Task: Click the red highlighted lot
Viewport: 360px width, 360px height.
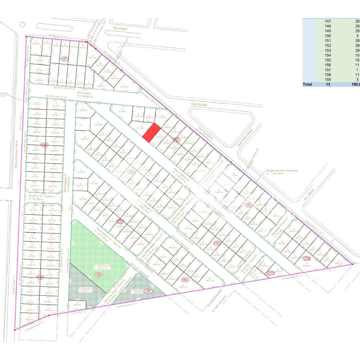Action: click(152, 133)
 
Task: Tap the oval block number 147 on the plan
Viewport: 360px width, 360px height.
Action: click(64, 59)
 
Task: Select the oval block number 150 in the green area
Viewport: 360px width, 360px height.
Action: click(98, 275)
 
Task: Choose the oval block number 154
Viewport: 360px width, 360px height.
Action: click(247, 205)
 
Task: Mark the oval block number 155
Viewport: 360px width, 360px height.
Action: click(217, 243)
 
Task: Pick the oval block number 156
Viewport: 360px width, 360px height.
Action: click(185, 280)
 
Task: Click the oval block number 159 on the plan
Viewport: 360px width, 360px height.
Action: click(271, 273)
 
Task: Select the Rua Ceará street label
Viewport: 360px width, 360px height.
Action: click(121, 29)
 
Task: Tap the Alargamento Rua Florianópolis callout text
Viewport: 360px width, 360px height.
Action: click(282, 171)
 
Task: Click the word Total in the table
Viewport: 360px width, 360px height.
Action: click(307, 84)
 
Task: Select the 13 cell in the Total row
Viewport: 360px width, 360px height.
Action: click(328, 84)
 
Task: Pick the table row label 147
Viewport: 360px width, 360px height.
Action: click(328, 21)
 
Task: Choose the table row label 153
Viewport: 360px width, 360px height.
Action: click(328, 50)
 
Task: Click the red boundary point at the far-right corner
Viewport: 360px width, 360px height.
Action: click(353, 264)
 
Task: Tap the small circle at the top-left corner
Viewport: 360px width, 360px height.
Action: click(22, 24)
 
